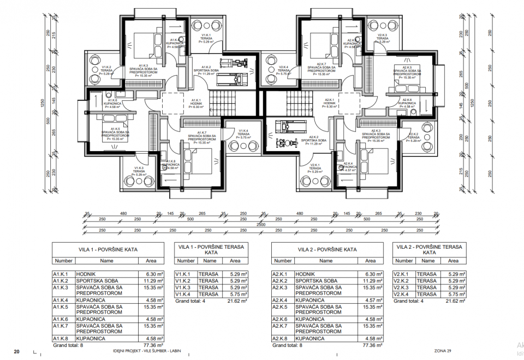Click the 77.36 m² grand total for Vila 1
[x=149, y=345]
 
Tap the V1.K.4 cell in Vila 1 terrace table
[x=182, y=294]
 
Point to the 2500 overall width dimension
[x=262, y=224]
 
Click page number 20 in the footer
[x=16, y=351]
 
